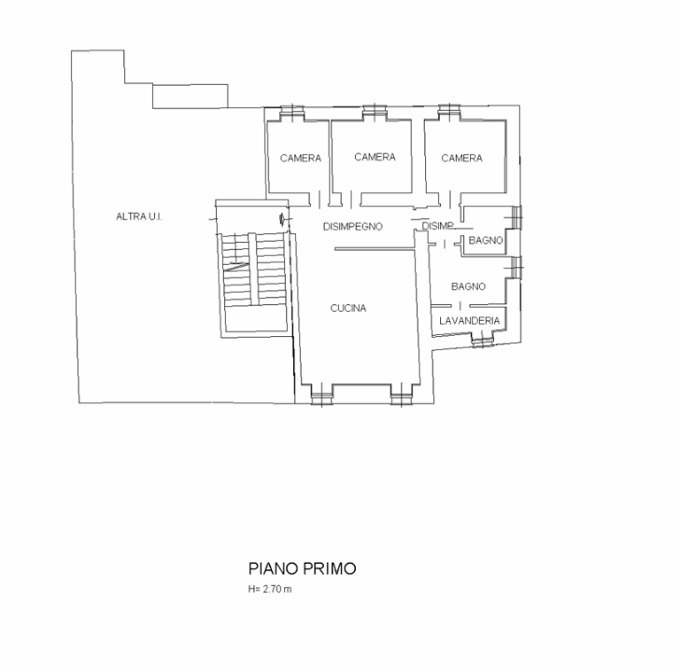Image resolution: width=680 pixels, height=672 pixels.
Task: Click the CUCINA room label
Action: (x=347, y=308)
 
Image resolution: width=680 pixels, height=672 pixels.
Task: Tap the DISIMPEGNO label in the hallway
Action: (x=353, y=227)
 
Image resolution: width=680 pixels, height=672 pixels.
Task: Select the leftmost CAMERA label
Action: (x=301, y=159)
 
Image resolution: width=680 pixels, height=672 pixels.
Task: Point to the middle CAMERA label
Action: (x=375, y=157)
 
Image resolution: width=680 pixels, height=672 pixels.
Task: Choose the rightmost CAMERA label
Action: (x=461, y=159)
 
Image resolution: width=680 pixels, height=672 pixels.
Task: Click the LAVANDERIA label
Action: (x=470, y=321)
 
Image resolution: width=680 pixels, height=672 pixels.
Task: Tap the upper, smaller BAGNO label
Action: (x=487, y=241)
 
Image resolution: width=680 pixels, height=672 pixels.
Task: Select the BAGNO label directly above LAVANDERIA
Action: (x=467, y=287)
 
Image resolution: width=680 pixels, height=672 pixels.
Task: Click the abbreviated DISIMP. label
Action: (x=437, y=226)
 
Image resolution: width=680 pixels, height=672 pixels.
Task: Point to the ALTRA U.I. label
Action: (x=139, y=217)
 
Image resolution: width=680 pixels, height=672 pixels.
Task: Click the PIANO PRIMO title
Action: (x=302, y=567)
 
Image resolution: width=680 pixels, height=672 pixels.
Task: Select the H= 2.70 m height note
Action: (x=270, y=590)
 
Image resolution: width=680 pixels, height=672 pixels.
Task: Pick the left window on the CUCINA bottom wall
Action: (x=320, y=398)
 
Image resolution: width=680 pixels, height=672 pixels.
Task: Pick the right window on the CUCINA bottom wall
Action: (x=401, y=398)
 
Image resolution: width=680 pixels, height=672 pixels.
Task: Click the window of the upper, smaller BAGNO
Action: (x=517, y=216)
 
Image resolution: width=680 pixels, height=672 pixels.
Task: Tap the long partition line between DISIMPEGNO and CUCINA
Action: (x=374, y=249)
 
